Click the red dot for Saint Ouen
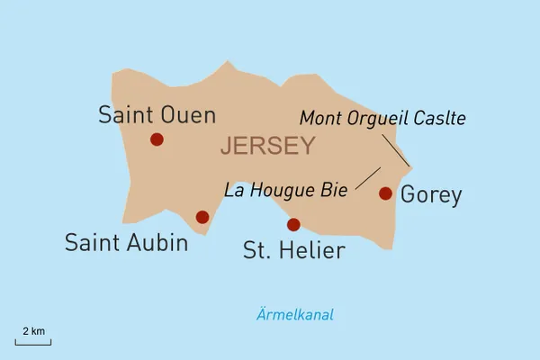tap(157, 139)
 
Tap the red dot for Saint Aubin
tap(202, 217)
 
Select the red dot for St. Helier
tap(292, 224)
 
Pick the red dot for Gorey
tap(385, 193)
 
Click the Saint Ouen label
tap(157, 115)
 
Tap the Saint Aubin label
tap(126, 243)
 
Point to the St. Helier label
tap(293, 250)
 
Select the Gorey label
tap(431, 194)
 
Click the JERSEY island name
tap(267, 146)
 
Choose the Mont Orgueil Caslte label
tap(382, 118)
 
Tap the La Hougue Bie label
tap(285, 190)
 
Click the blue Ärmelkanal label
tap(294, 315)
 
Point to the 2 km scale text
tap(33, 330)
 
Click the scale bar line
tap(33, 342)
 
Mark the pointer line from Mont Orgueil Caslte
tap(396, 149)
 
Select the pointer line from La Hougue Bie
tap(367, 178)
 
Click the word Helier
tap(311, 250)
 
